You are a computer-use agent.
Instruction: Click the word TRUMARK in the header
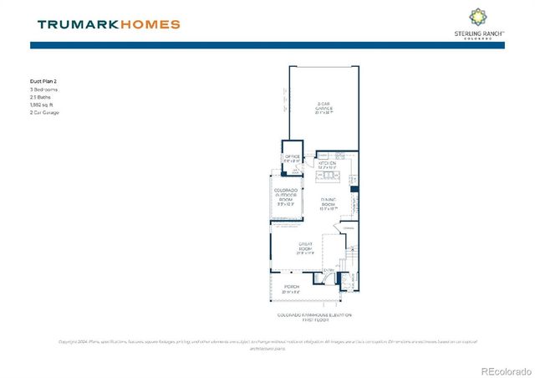75,24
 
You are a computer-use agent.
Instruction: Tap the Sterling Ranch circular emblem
477,17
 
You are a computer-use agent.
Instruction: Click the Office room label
293,158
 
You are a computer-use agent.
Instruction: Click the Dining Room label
328,203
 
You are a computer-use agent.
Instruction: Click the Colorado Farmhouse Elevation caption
314,317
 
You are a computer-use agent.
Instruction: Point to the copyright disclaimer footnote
267,344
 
